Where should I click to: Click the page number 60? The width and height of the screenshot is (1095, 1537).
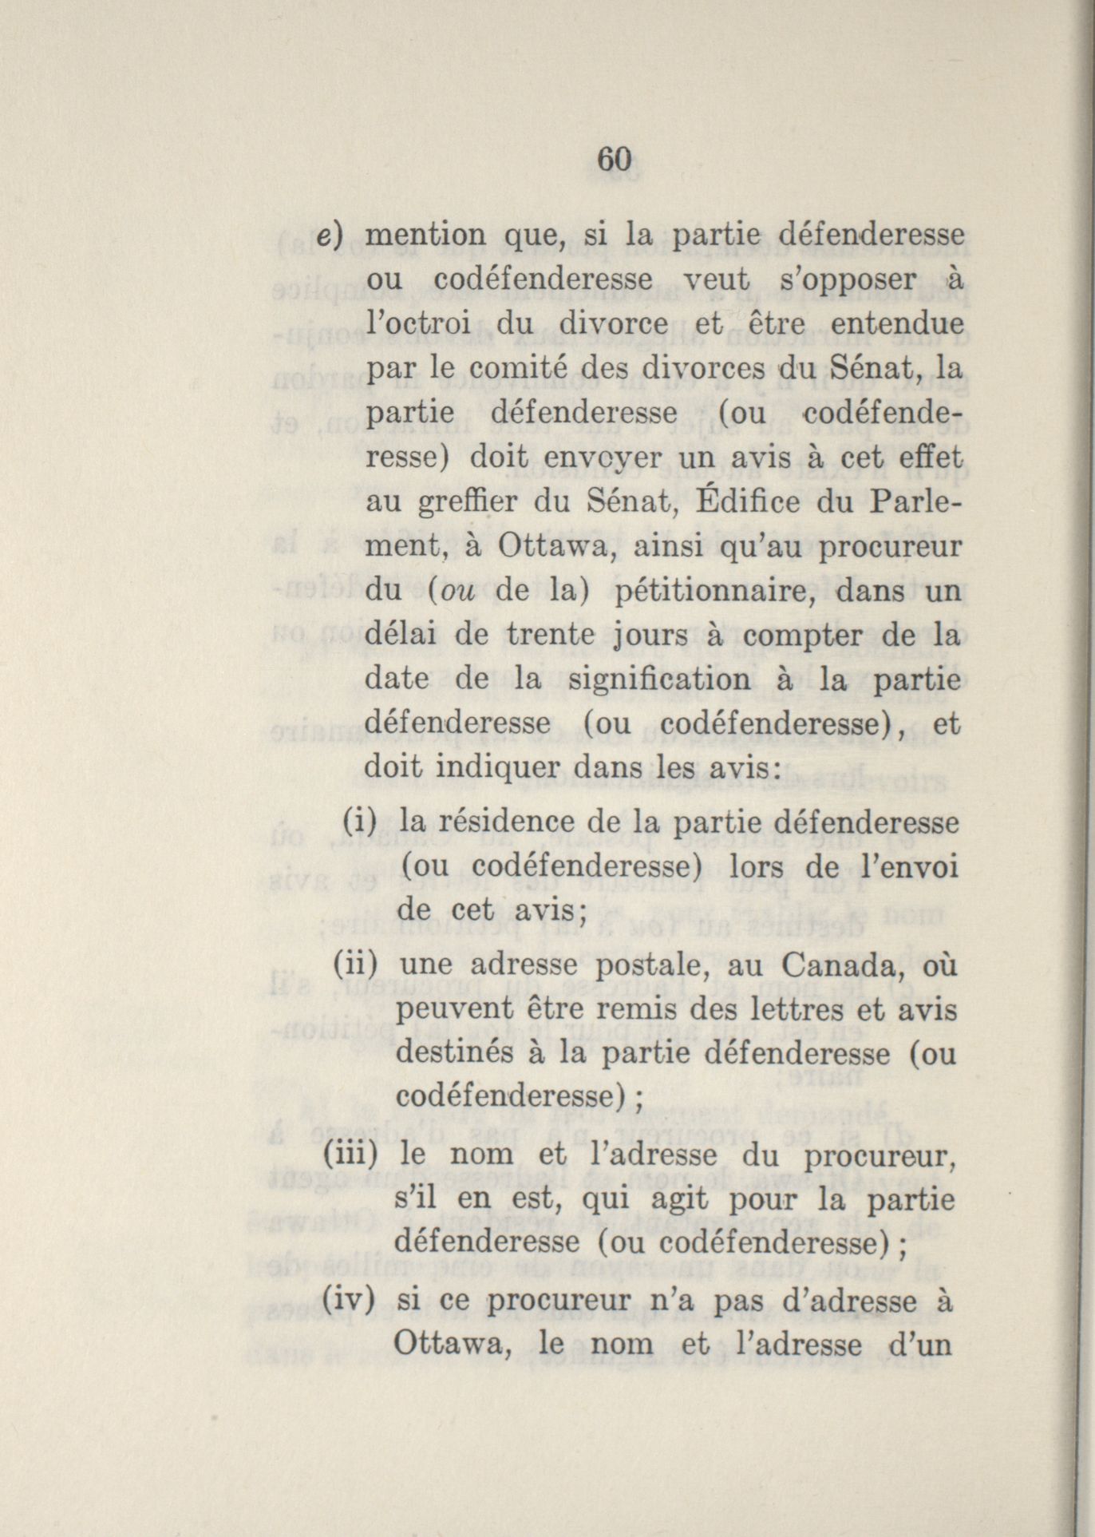pyautogui.click(x=615, y=159)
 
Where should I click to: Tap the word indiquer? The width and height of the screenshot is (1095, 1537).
pyautogui.click(x=498, y=768)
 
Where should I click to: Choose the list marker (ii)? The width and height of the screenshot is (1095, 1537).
pyautogui.click(x=354, y=965)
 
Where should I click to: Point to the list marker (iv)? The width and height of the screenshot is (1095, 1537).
pyautogui.click(x=350, y=1301)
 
